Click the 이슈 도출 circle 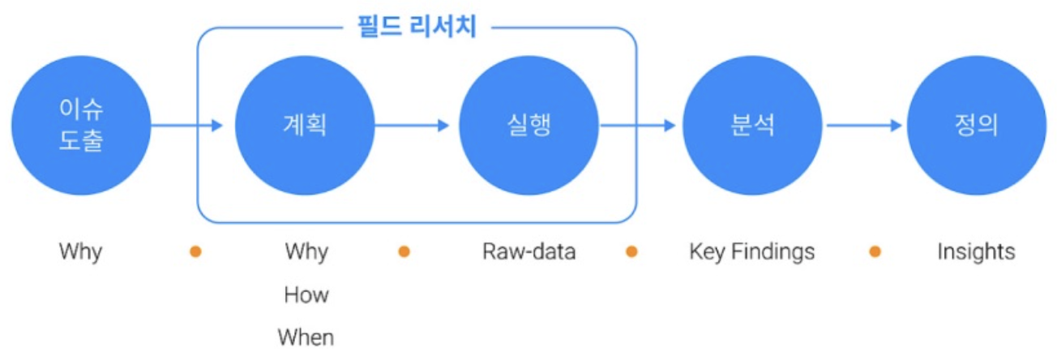(x=81, y=126)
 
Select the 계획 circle (x=305, y=126)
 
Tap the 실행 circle (x=528, y=126)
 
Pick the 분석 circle (x=752, y=126)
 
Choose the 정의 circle (x=976, y=126)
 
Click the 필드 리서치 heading (x=417, y=28)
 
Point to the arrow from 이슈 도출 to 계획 (x=186, y=126)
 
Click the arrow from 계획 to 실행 (x=411, y=126)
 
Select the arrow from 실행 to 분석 (x=636, y=126)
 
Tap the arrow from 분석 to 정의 (x=863, y=126)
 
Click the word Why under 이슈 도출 (x=80, y=251)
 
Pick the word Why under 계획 (x=306, y=251)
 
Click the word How (x=306, y=294)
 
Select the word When (x=306, y=336)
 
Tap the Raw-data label (x=528, y=251)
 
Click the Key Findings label (x=751, y=251)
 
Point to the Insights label (x=976, y=251)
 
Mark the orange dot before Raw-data (x=404, y=251)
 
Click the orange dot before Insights (x=875, y=251)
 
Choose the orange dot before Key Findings (x=631, y=251)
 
